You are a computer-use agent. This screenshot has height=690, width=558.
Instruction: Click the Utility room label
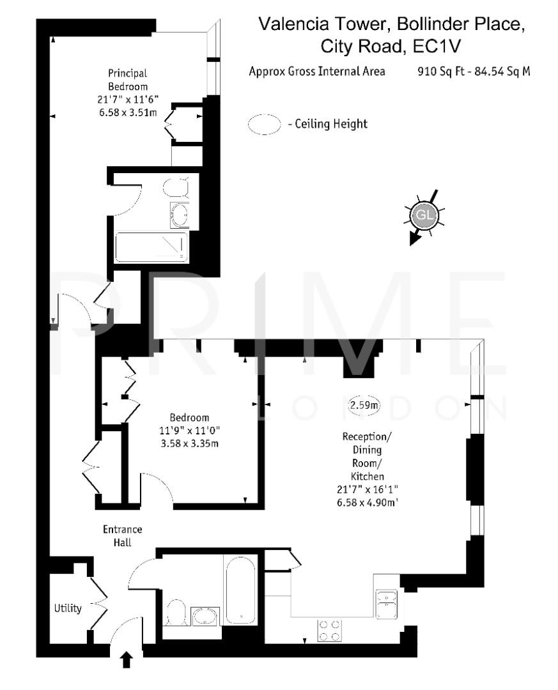tap(67, 608)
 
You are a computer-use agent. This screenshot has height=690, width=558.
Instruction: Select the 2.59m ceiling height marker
tap(364, 404)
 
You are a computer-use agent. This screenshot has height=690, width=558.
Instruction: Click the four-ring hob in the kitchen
tap(329, 631)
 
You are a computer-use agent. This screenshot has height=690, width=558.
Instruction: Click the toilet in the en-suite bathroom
tap(176, 187)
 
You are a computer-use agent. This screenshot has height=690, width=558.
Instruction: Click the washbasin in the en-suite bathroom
tap(180, 215)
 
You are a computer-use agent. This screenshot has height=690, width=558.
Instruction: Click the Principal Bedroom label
tap(127, 80)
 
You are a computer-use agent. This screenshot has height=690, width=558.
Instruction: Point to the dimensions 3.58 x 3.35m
tap(190, 443)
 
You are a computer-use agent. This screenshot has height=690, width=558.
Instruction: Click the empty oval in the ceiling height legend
tap(265, 124)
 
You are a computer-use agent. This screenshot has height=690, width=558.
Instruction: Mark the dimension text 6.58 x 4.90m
tap(373, 503)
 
